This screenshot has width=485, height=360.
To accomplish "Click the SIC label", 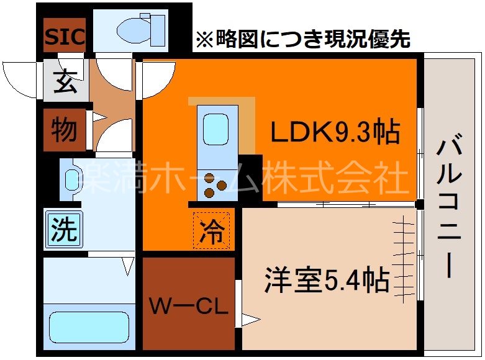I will pos(64,37).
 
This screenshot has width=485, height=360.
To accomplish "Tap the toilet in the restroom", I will pos(132,29).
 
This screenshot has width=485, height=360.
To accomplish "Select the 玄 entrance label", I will pos(64,81).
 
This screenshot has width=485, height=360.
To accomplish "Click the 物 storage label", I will pos(64,130).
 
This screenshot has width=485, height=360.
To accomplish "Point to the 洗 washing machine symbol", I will pos(63,230).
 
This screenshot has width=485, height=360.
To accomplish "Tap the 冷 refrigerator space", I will pos(212,231).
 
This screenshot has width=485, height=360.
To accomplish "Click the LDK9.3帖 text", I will pos(334,131).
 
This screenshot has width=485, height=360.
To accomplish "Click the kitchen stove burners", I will pos(214,183).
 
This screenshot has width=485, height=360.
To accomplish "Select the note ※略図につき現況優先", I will pos(302,39).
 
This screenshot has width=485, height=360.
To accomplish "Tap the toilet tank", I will pos(157,29).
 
